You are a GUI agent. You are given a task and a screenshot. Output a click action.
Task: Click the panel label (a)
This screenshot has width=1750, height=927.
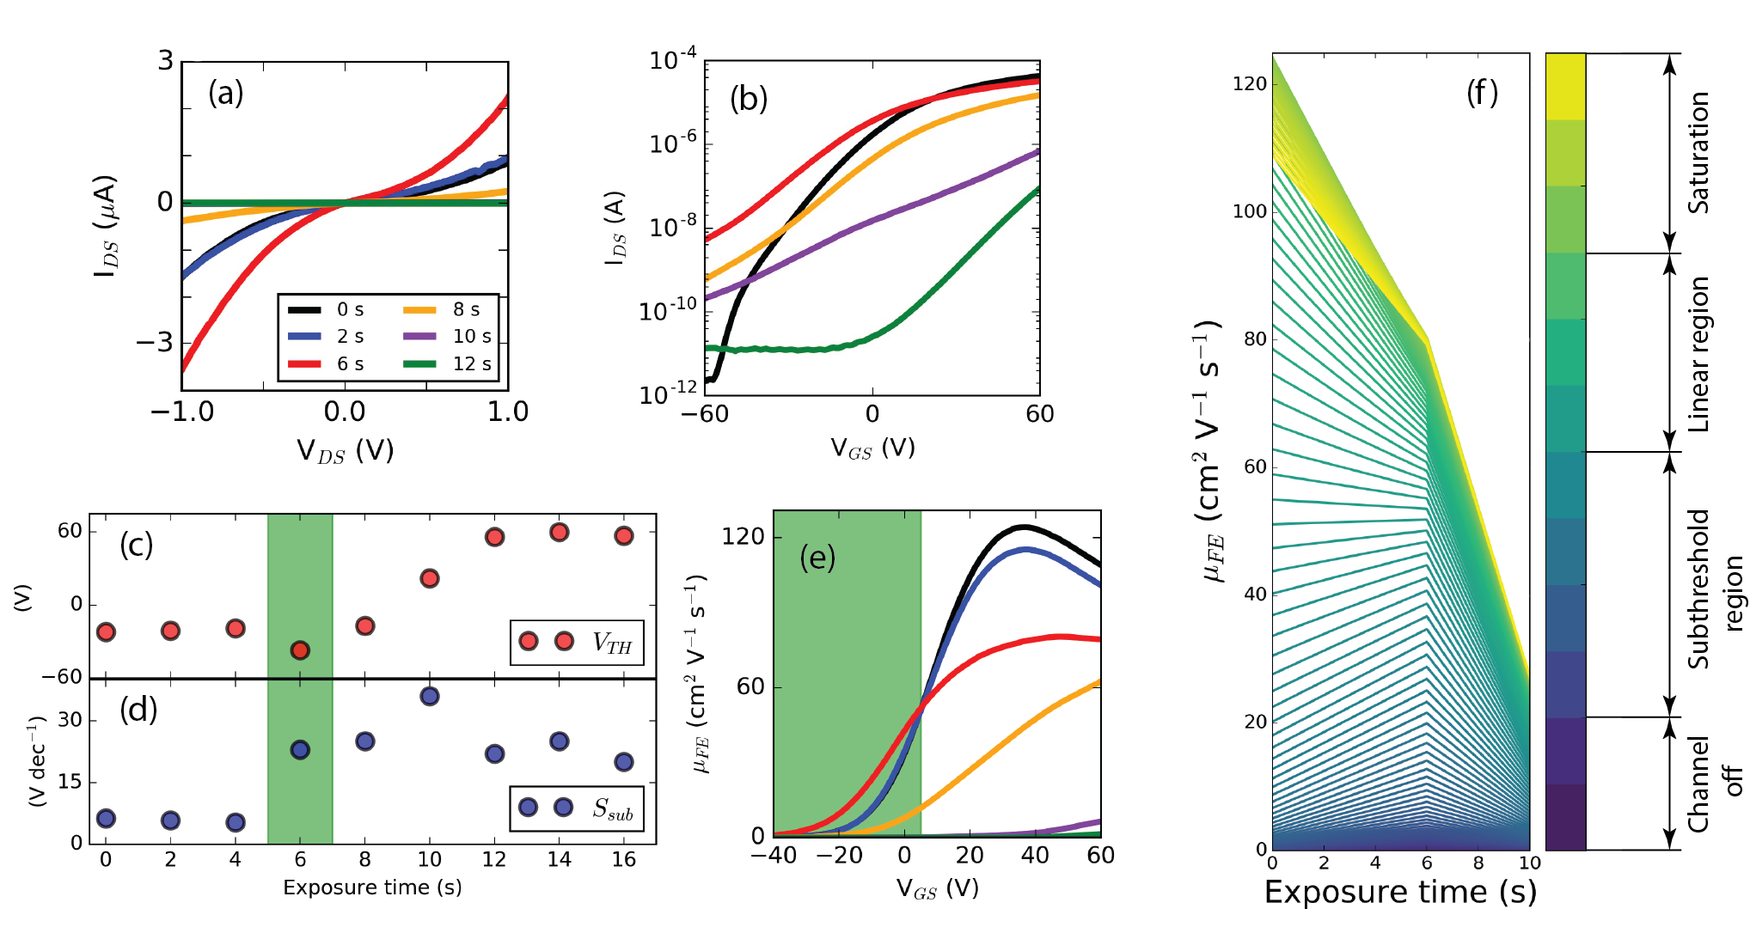226,93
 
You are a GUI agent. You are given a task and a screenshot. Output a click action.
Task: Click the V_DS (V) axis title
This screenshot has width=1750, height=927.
345,450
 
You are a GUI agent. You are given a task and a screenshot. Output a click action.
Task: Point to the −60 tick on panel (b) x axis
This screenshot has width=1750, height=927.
705,414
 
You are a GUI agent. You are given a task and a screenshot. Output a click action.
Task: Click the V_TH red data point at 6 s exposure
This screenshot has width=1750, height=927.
300,650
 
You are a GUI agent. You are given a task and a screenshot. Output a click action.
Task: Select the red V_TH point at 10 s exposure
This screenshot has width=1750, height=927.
430,578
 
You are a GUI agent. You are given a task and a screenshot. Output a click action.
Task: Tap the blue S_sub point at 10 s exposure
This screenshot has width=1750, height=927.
430,696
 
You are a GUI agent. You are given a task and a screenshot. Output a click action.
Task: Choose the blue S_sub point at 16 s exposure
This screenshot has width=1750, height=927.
624,762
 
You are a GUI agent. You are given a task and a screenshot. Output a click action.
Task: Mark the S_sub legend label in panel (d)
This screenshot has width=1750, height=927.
612,808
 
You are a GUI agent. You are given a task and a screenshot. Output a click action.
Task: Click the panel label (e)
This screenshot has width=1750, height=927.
817,558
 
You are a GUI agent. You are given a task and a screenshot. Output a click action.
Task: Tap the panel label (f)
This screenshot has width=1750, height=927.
1482,93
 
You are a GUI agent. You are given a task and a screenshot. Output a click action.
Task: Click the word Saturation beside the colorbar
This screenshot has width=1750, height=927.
1698,153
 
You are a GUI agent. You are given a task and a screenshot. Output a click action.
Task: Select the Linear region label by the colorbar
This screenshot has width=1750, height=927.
1698,354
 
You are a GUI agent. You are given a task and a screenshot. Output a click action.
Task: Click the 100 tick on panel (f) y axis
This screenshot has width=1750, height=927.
1250,211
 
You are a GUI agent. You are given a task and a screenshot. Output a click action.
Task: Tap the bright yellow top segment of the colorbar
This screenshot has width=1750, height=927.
1565,86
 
